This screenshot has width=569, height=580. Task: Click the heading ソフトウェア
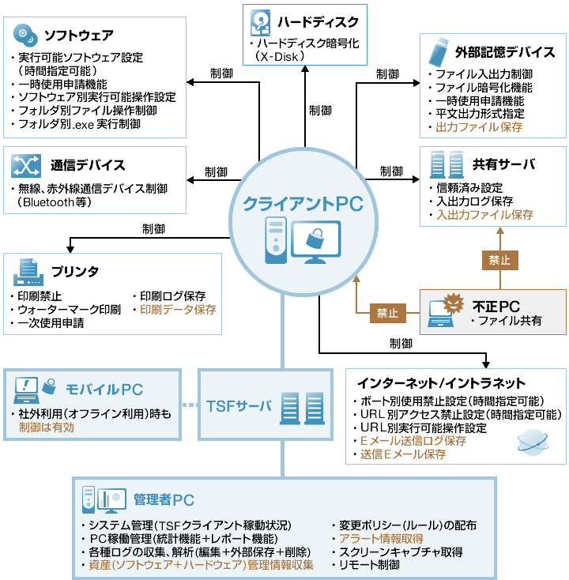click(78, 35)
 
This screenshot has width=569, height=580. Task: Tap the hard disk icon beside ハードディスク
click(261, 21)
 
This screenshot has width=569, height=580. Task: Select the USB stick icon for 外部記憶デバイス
click(437, 52)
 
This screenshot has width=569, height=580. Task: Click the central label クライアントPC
click(303, 203)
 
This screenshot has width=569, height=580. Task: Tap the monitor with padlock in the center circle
click(315, 239)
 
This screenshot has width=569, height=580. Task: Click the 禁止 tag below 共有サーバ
click(499, 259)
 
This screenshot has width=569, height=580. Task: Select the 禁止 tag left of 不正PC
click(387, 313)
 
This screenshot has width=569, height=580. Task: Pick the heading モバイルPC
click(104, 389)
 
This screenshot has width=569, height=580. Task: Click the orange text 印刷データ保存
click(178, 310)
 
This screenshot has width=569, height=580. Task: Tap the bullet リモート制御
click(369, 564)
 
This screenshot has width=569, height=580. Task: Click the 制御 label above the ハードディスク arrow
click(320, 110)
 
